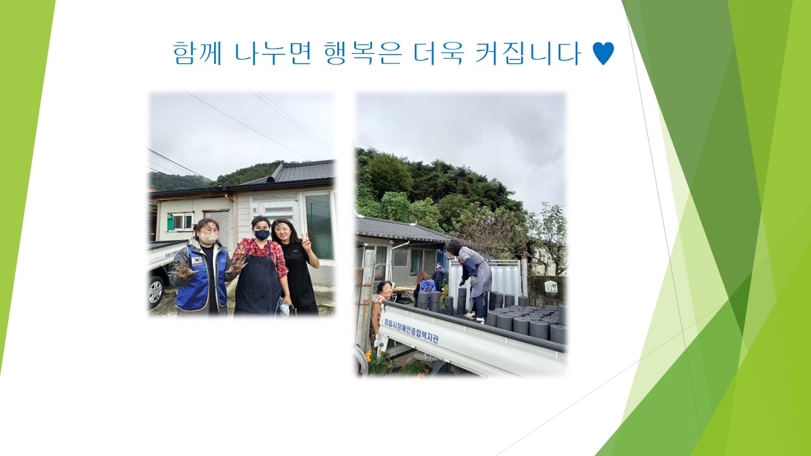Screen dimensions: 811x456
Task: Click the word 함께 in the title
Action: (197, 53)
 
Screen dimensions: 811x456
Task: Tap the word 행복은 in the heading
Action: (363, 53)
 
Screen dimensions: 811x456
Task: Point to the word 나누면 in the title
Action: (272, 53)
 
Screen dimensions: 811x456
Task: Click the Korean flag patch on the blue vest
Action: (196, 260)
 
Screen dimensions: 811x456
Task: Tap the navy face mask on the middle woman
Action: (262, 234)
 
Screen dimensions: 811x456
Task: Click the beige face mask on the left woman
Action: (208, 237)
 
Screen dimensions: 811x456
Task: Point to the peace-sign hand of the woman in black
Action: (307, 242)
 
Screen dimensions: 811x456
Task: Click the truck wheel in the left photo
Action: (155, 291)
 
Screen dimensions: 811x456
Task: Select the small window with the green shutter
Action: (179, 222)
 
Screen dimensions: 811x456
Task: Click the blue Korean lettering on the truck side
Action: (411, 330)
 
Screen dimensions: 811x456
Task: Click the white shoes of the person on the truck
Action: (475, 317)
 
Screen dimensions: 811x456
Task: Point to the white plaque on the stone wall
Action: (551, 286)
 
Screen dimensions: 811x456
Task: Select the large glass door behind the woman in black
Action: (319, 227)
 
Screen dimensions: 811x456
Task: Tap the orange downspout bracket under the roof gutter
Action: (229, 198)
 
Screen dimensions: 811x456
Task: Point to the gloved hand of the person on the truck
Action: (462, 282)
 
